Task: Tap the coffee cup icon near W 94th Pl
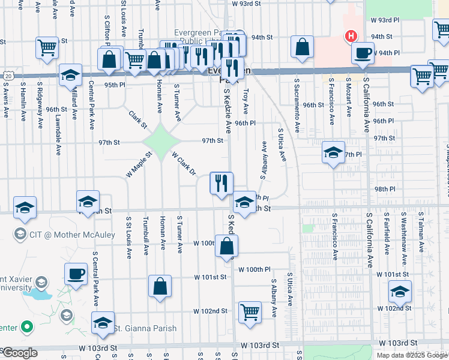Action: pyautogui.click(x=363, y=53)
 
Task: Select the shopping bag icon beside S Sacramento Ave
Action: pyautogui.click(x=303, y=47)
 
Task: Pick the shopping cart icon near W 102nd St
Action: pyautogui.click(x=250, y=312)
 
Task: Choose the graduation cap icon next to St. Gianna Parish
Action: pyautogui.click(x=103, y=323)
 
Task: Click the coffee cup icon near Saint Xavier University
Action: pyautogui.click(x=76, y=274)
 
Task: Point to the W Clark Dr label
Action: pyautogui.click(x=184, y=163)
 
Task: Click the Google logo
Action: pyautogui.click(x=19, y=353)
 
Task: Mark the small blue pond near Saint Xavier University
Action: pyautogui.click(x=40, y=295)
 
